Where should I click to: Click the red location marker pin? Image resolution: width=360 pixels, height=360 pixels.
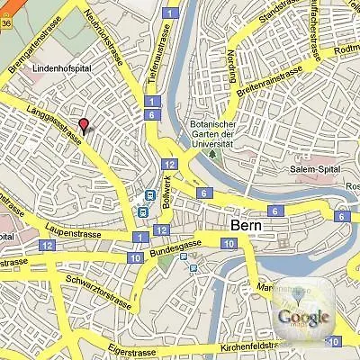[x=84, y=125]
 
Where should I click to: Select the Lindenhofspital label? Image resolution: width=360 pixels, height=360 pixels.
[x=60, y=68]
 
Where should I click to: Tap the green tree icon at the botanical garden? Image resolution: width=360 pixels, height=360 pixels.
[x=213, y=153]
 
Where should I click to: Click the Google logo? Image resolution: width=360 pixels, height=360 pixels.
[x=303, y=317]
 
